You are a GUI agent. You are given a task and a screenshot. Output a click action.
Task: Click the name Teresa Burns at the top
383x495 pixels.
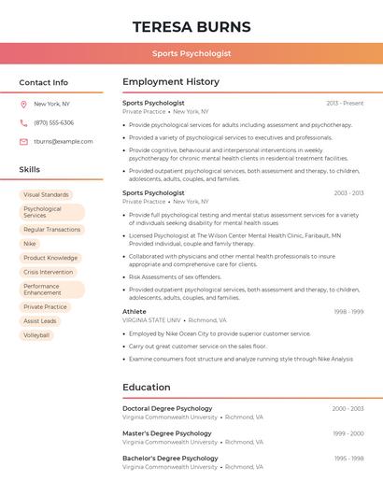(x=191, y=26)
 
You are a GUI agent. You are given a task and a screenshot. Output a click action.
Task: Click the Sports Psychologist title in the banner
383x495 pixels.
(x=191, y=54)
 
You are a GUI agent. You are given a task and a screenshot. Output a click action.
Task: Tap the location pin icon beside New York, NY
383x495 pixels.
(x=23, y=104)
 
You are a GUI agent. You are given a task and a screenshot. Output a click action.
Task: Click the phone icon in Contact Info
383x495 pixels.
(x=23, y=122)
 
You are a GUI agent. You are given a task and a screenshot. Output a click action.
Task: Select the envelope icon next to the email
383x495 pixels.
(x=23, y=142)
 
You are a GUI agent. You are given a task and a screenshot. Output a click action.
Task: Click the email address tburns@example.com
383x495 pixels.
(x=64, y=142)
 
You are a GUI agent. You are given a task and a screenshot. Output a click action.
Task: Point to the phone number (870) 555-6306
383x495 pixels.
(x=53, y=122)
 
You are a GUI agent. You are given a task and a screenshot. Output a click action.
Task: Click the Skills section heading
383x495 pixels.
(x=30, y=170)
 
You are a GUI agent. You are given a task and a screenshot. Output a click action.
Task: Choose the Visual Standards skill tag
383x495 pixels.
(x=46, y=195)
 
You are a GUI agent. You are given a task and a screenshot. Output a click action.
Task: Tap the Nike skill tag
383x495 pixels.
(x=30, y=244)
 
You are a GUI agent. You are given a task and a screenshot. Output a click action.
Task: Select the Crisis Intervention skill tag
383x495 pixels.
(x=48, y=272)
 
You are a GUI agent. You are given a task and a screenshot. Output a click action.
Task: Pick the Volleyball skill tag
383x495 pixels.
(x=36, y=334)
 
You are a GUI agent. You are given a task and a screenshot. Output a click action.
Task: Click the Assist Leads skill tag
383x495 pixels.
(x=40, y=320)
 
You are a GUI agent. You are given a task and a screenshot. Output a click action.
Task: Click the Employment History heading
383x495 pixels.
(x=171, y=82)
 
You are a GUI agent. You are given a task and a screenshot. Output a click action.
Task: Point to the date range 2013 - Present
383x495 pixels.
(x=345, y=103)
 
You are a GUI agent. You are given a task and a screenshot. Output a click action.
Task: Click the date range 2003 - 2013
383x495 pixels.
(x=348, y=193)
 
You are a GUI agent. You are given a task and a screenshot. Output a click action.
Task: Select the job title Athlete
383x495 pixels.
(x=135, y=311)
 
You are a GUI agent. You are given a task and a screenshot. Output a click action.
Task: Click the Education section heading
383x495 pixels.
(x=147, y=388)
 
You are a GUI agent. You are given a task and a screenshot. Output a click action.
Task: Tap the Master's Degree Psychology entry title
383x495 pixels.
(x=167, y=433)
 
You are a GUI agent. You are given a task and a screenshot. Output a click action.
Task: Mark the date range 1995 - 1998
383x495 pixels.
(x=348, y=459)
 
